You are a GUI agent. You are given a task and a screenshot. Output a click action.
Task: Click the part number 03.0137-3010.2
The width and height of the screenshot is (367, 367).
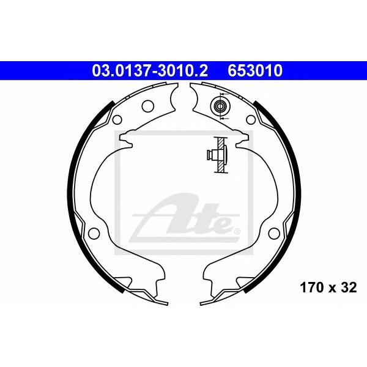click(150, 71)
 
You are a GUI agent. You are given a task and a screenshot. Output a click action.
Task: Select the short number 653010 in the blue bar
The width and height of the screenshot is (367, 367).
click(255, 71)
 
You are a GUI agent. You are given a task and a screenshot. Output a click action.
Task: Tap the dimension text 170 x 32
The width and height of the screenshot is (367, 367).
click(328, 287)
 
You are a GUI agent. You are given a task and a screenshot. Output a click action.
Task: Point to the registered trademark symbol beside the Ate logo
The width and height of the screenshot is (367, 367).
click(237, 231)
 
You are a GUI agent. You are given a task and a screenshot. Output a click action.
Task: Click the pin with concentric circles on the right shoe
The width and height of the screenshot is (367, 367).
click(220, 106)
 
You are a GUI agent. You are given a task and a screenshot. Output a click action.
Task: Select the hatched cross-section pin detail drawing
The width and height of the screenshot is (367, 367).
click(218, 155)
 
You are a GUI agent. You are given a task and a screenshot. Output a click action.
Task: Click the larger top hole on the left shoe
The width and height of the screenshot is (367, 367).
click(148, 106)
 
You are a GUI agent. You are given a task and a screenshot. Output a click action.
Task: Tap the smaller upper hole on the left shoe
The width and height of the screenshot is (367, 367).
click(117, 120)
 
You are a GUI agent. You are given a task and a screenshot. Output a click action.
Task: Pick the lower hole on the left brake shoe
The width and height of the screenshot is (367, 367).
click(94, 233)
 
